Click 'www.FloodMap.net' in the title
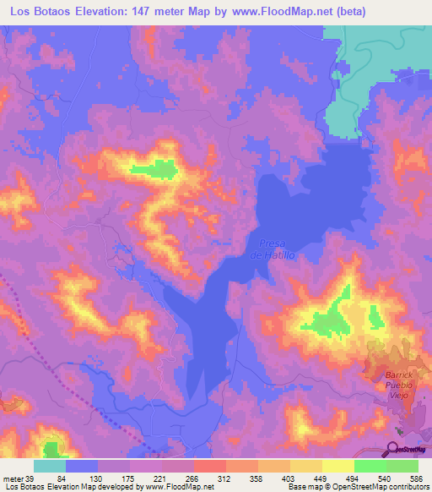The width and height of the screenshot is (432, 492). coord(274,11)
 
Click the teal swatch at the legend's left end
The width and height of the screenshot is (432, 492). coord(50,467)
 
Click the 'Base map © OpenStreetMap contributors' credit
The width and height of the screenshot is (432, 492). coord(357,486)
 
